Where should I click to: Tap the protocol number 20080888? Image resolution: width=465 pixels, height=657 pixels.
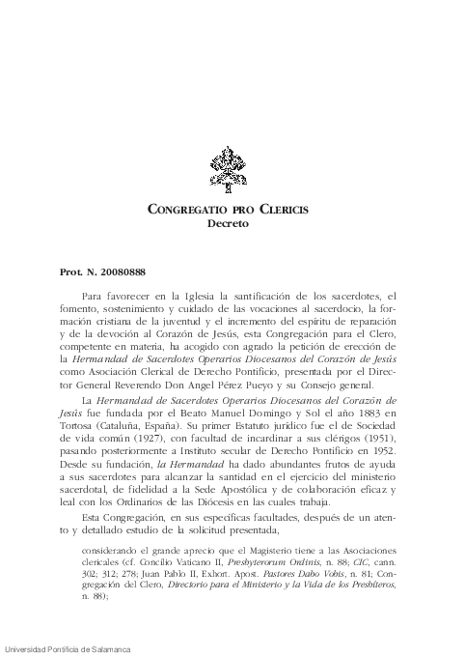pyautogui.click(x=114, y=259)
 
